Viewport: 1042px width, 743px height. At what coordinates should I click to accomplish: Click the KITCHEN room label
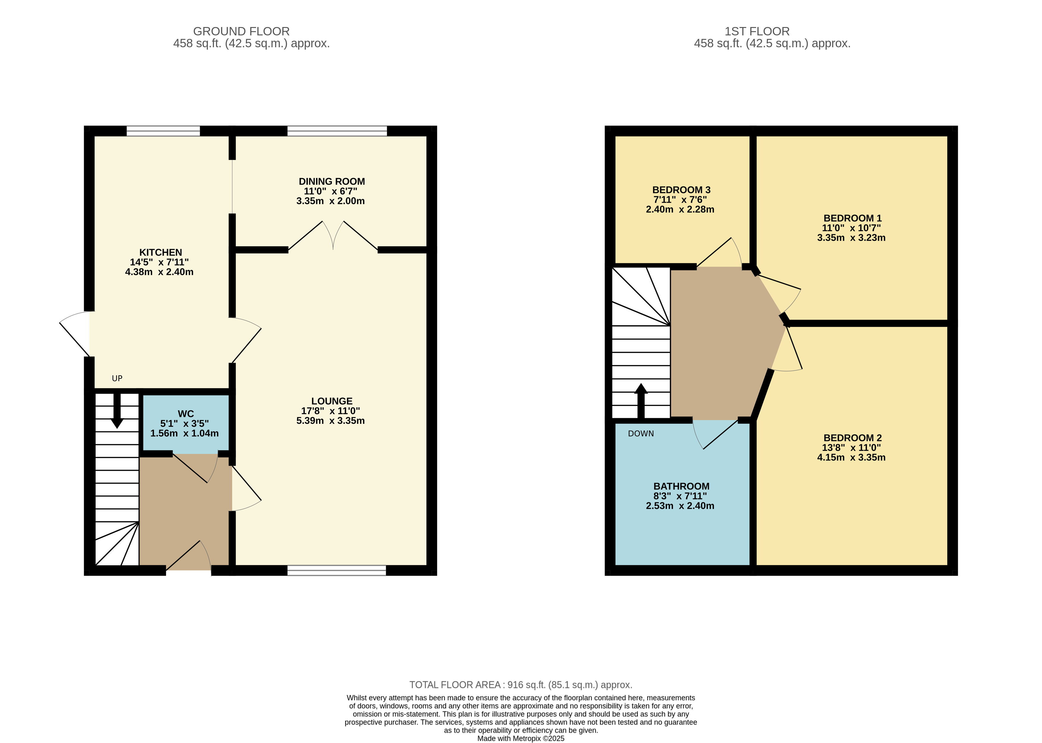(160, 253)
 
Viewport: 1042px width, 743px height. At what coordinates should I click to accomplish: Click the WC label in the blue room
(186, 414)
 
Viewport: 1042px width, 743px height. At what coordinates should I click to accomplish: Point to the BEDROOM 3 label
(681, 190)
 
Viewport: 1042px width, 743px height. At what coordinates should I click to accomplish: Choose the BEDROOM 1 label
(852, 218)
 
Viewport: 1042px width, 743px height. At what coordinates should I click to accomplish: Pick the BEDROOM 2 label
(852, 438)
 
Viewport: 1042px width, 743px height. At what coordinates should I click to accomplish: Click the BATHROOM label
(681, 486)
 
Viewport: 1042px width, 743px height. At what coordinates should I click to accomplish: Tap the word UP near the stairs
(117, 378)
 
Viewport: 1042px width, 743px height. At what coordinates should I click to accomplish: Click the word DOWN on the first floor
(641, 434)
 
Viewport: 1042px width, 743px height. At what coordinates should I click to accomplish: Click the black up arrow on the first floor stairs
(641, 401)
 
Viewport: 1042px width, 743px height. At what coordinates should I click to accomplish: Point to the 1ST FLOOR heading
(757, 31)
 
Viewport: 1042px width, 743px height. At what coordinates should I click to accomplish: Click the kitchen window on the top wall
(163, 131)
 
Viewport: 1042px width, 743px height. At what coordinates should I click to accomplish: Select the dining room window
(337, 131)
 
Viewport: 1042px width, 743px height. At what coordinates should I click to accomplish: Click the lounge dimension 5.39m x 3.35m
(330, 421)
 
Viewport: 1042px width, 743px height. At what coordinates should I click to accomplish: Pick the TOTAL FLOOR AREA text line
(521, 685)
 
